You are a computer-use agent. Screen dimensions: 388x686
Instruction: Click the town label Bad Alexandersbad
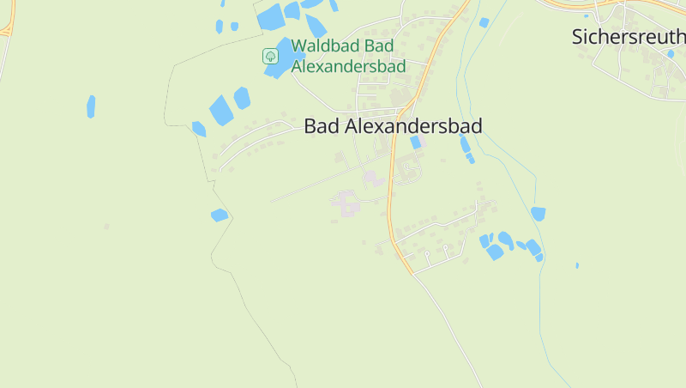click(393, 126)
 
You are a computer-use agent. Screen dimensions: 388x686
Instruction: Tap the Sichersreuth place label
click(629, 37)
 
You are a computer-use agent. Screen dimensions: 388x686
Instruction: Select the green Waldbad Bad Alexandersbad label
click(347, 55)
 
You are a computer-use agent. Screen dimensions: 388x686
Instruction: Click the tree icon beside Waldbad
click(270, 56)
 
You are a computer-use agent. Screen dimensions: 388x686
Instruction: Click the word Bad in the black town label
click(321, 126)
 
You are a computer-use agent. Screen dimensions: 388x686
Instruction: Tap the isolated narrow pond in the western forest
click(91, 106)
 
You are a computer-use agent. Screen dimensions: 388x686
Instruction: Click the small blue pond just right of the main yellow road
click(416, 142)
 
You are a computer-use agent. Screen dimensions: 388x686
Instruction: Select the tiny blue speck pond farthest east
click(577, 265)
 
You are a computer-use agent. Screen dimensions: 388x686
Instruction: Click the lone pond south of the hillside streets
click(220, 215)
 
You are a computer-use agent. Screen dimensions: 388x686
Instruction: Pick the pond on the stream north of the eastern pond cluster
click(538, 213)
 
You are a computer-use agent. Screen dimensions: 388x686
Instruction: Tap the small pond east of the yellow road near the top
click(484, 22)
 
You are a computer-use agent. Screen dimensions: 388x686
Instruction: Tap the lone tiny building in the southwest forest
click(106, 227)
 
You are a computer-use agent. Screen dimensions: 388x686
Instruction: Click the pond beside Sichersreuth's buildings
click(671, 54)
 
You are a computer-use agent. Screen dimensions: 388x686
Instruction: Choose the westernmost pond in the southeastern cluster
click(484, 240)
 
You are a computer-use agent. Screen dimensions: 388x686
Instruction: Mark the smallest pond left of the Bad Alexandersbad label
click(199, 129)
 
